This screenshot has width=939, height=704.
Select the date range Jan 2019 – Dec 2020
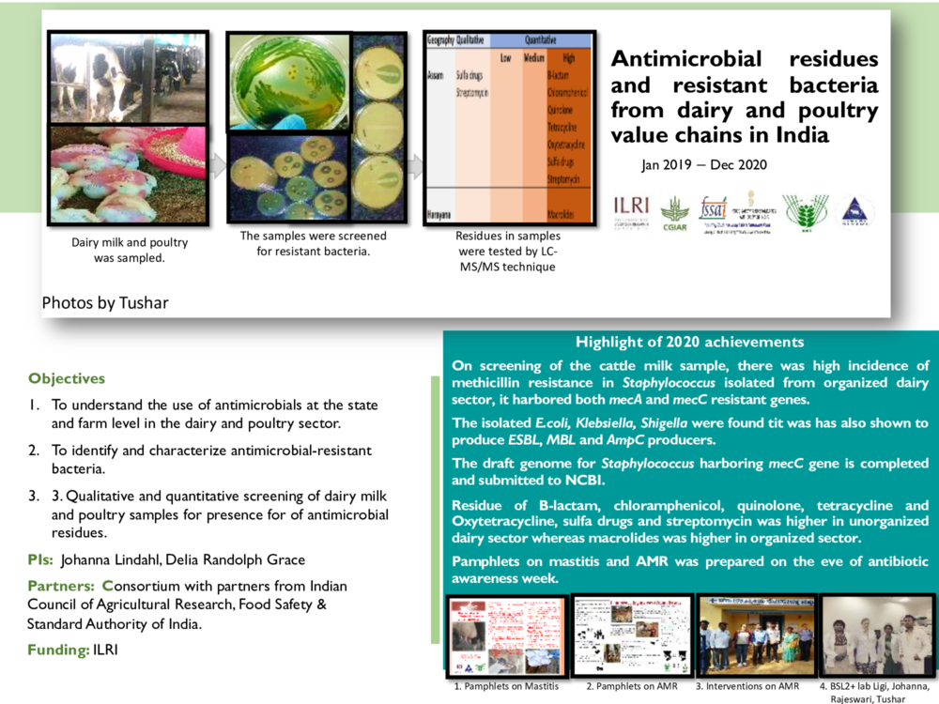pos(704,165)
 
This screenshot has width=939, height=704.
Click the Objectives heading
pos(67,379)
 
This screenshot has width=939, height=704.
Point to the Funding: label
pos(59,650)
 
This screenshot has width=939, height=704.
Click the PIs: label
pos(41,561)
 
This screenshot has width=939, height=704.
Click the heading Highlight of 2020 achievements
pos(689,343)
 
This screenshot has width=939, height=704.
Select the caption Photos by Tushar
pos(105,302)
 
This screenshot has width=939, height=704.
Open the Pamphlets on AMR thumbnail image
pos(632,635)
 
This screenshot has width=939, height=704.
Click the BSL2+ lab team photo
pos(876,635)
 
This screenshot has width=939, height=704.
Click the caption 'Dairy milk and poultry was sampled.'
pos(130,249)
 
